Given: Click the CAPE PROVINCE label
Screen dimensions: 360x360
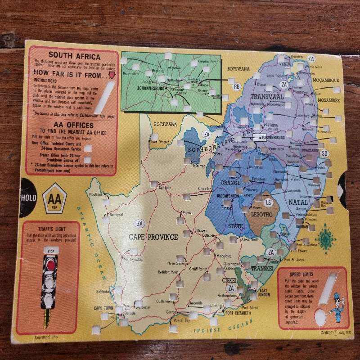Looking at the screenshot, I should coord(153,237).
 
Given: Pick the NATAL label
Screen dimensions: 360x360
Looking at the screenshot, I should coord(297,202).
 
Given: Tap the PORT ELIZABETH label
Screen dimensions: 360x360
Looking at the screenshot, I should coord(242,313).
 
